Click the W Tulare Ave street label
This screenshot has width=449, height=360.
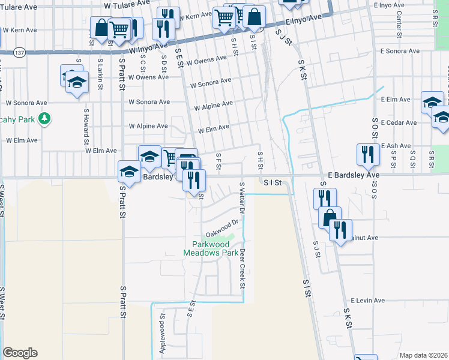coord(126,5)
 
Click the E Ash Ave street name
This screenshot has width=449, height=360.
coord(394,146)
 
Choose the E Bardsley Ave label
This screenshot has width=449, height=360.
coord(354,175)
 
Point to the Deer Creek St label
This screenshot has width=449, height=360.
coord(243,268)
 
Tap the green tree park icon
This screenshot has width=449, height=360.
coord(44,119)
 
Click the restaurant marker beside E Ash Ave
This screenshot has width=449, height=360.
coord(367,155)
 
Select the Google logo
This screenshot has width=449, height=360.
coord(20,353)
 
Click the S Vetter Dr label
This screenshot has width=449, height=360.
coord(241,198)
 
